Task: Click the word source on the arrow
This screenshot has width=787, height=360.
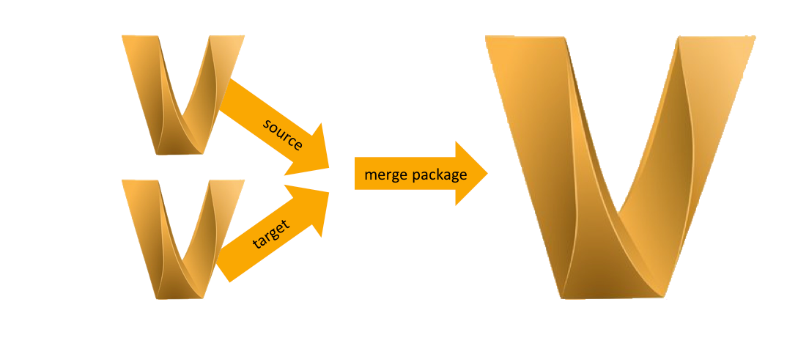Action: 283,133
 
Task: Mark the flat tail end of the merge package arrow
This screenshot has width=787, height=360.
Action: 357,174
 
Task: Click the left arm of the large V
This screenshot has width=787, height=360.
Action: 535,147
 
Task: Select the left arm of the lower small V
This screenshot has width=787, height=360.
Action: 147,227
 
